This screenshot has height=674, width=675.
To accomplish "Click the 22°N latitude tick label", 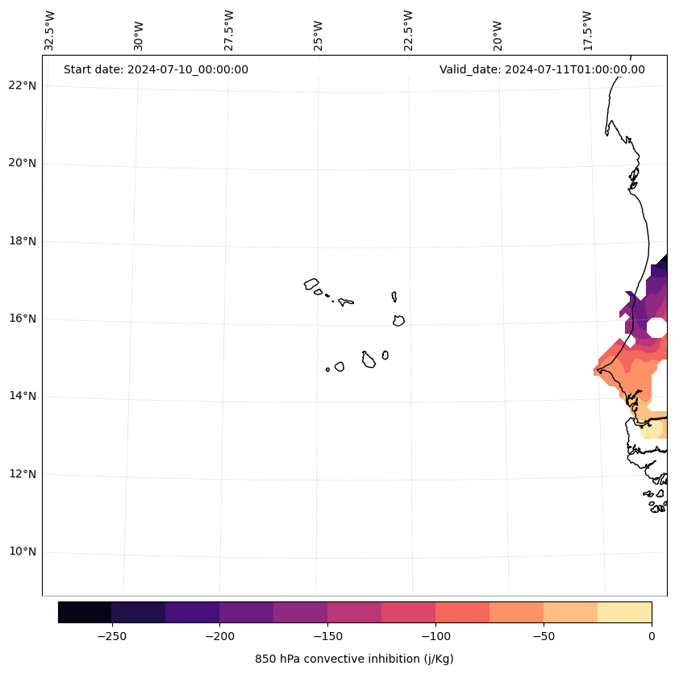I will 22,85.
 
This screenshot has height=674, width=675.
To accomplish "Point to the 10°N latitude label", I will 22,552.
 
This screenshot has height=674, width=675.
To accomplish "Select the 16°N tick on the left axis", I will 22,318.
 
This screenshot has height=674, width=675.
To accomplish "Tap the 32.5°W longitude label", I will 50,31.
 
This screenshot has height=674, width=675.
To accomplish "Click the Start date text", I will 156,69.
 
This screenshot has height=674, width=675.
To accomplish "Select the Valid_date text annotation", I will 542,69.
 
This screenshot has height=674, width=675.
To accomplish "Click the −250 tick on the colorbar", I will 111,636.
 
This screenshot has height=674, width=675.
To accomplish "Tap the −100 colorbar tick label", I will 435,636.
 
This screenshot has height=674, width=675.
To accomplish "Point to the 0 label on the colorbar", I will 652,636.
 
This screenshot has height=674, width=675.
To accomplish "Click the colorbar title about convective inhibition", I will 354,659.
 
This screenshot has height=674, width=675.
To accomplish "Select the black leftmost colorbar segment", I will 85,612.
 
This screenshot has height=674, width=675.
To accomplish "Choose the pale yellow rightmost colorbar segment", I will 624,612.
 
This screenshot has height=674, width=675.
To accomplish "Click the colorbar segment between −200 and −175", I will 246,612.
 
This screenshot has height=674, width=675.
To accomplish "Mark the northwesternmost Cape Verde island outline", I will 311,284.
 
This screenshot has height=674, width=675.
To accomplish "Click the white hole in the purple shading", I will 656,327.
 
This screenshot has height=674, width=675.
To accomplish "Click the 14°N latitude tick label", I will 22,396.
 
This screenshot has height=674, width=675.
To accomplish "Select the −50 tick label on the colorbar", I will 544,636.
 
